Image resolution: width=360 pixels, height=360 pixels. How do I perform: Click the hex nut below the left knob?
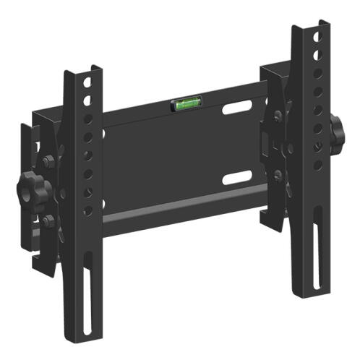coord(48,221)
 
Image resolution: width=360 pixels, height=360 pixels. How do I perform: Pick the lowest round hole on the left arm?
coord(87,210)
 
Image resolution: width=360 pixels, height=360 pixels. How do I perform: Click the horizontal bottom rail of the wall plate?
coord(181,210)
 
